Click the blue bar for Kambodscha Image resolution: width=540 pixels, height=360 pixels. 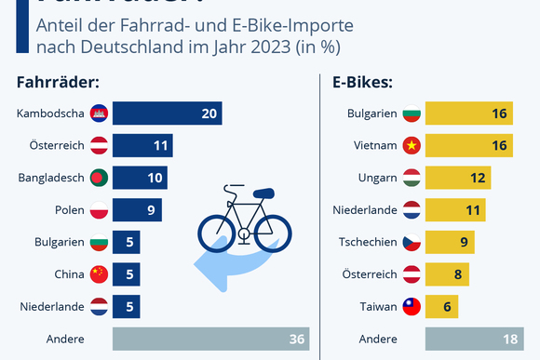tap(168, 113)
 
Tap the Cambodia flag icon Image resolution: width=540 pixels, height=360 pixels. tap(101, 113)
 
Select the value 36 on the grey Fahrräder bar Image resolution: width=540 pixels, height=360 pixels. tap(297, 339)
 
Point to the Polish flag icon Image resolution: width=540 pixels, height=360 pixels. tap(101, 210)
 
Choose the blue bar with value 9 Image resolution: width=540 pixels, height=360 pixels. tap(138, 210)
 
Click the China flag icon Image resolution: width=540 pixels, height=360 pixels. tap(101, 274)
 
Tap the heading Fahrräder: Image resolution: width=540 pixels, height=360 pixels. tap(58, 82)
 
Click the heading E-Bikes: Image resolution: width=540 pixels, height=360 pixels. tap(362, 82)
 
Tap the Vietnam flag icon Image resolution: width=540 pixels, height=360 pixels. tap(411, 145)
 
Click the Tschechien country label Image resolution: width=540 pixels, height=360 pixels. tap(367, 242)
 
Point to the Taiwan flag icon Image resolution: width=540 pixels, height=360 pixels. tap(411, 306)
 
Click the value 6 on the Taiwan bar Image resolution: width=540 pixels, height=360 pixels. tap(445, 306)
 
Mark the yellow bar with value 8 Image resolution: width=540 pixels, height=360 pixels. tap(447, 274)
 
